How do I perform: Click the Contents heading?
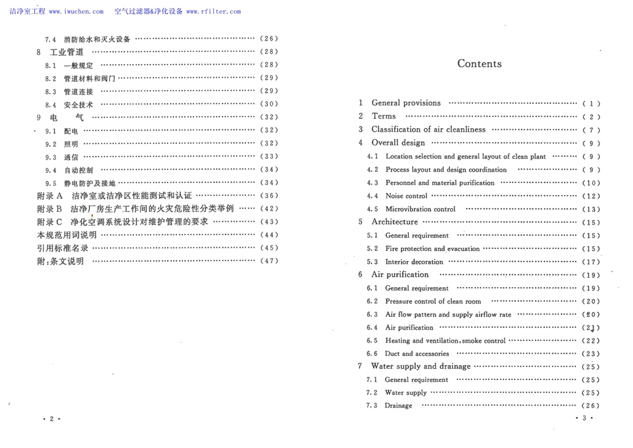click(479, 63)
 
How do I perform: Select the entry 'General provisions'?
click(406, 103)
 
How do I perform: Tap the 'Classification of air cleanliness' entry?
click(429, 129)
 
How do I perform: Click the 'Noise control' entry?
click(406, 196)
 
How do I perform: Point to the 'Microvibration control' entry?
click(420, 209)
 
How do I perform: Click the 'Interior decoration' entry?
click(414, 262)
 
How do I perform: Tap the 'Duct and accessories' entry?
click(417, 354)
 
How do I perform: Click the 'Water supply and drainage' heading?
click(421, 366)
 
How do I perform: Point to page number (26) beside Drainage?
click(590, 406)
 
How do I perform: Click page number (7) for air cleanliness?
click(590, 130)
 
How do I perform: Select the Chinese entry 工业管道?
click(66, 52)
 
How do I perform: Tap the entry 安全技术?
click(78, 105)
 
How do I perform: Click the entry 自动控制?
click(78, 170)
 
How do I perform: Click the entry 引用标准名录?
click(63, 248)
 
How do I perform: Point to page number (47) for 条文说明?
click(268, 261)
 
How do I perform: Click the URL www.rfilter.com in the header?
click(213, 11)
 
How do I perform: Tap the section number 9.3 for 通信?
click(51, 157)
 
